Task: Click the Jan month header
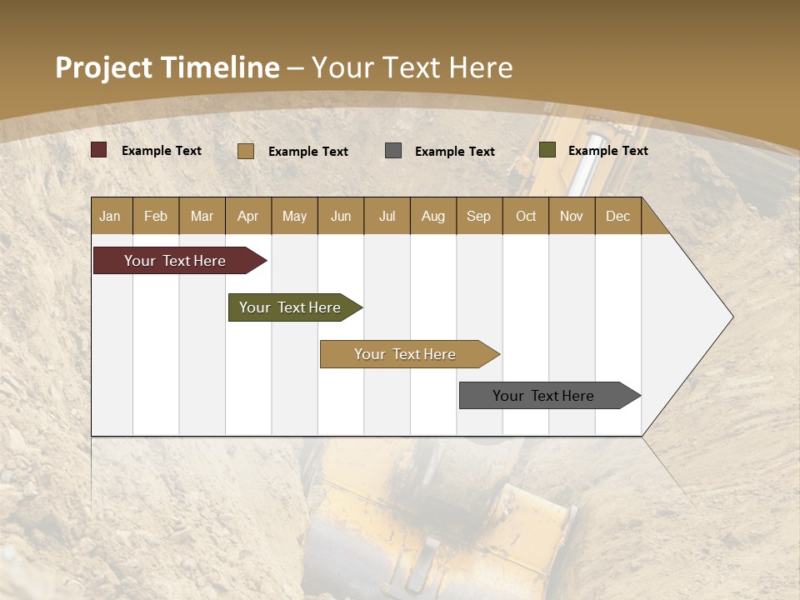(111, 216)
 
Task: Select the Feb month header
(156, 216)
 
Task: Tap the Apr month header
(248, 216)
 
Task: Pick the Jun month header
(341, 216)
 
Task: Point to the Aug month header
(433, 216)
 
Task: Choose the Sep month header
(479, 216)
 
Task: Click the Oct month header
(526, 216)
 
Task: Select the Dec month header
(618, 216)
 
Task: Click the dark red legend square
(99, 150)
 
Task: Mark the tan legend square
(246, 151)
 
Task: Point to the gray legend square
(393, 151)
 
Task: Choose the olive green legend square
(547, 150)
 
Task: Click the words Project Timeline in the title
(167, 67)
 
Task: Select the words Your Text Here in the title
(412, 67)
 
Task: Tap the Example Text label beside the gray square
(455, 152)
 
